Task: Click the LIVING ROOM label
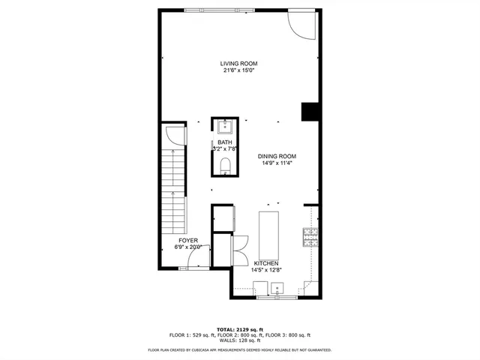(x=239, y=64)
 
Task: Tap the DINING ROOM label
(x=277, y=156)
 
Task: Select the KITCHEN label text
(x=266, y=263)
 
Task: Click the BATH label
(x=225, y=142)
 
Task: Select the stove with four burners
(x=310, y=237)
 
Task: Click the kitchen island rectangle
(x=268, y=234)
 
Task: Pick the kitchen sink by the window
(x=278, y=288)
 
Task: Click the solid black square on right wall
(x=310, y=112)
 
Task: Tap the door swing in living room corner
(x=303, y=25)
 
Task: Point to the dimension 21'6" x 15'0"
(x=239, y=71)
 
